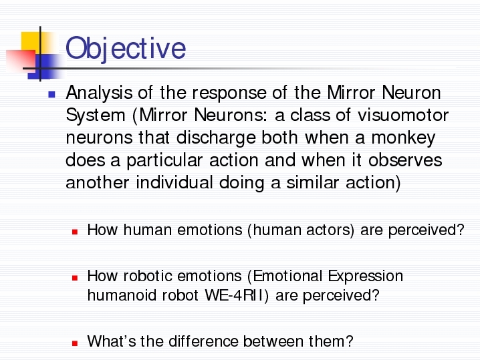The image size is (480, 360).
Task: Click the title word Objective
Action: coord(126,49)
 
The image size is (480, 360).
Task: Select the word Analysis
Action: coord(99,94)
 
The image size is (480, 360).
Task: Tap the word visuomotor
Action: coord(403,115)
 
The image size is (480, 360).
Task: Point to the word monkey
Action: coord(404,138)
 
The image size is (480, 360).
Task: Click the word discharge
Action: coord(216,138)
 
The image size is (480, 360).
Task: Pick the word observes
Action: coord(405,160)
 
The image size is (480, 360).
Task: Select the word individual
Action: coord(174,182)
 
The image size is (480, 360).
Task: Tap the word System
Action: coord(96,116)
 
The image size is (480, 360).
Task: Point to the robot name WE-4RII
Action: coord(237,295)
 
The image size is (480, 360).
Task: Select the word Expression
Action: coord(366,277)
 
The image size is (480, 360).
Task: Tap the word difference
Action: coord(203,341)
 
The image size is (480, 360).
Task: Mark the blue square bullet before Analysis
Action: coord(51,94)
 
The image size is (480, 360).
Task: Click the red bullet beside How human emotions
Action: coord(75,232)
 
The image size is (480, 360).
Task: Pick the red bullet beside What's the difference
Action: coord(75,343)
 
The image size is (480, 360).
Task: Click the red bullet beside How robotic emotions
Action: coord(75,278)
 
